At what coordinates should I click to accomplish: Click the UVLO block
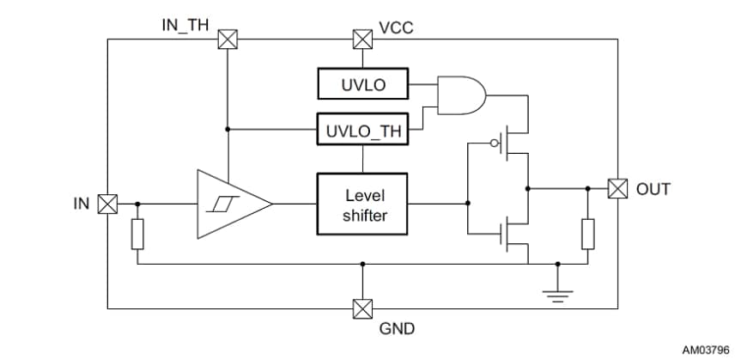point(362,86)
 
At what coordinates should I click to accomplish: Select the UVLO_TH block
point(362,131)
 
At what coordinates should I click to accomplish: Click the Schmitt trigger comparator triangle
point(229,204)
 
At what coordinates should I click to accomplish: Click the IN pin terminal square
point(107,204)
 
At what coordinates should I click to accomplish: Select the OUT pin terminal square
point(617,188)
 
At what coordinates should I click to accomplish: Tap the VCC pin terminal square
point(363,39)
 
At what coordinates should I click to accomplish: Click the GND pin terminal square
point(362,308)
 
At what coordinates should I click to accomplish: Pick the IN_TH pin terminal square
point(228,39)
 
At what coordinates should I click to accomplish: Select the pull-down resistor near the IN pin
point(137,235)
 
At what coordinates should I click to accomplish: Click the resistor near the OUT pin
point(588,234)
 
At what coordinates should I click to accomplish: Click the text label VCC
point(396,27)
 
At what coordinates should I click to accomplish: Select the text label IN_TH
point(185,24)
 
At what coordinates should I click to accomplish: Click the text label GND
point(397,329)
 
